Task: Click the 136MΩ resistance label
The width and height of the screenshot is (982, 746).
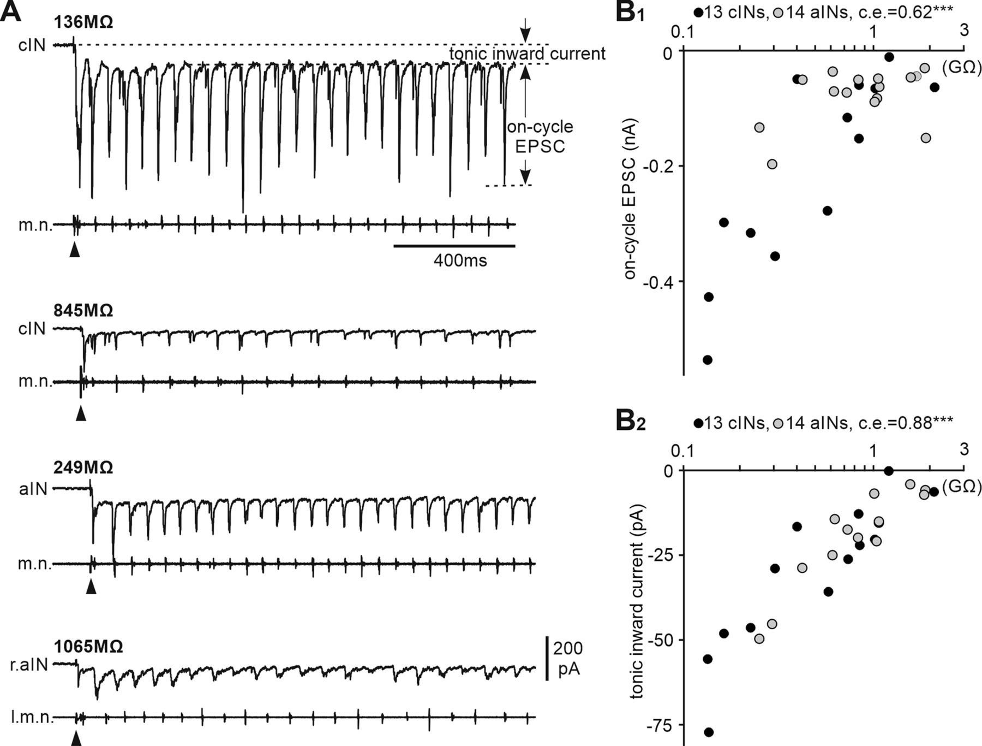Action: point(83,23)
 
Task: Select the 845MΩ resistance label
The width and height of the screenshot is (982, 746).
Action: point(83,311)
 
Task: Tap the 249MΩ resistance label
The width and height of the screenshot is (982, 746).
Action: point(83,468)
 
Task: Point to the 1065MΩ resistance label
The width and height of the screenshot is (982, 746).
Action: point(88,647)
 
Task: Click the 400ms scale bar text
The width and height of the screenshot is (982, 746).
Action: point(460,260)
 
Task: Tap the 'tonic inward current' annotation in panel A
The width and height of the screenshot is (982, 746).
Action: point(527,54)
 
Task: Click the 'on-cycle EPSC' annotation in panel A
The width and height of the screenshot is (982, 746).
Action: point(540,137)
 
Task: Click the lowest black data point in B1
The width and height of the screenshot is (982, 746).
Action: point(708,360)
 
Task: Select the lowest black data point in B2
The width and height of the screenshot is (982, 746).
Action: point(709,732)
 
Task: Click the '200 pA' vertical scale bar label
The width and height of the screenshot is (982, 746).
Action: point(568,659)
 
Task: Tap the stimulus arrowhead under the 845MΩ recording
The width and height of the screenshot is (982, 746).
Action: point(81,413)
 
